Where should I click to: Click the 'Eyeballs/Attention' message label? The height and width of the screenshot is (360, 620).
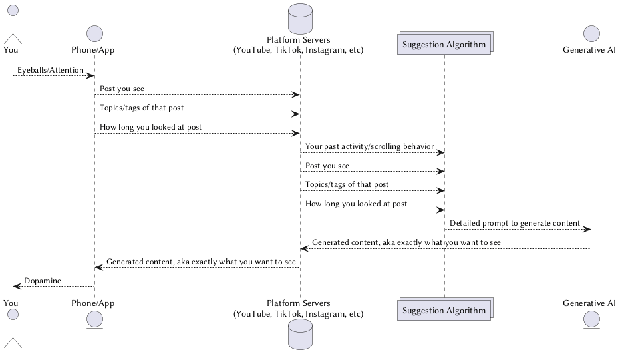pos(51,69)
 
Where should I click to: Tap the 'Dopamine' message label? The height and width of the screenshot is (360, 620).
pos(43,281)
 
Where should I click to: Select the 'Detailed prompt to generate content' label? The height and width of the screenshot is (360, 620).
pos(514,223)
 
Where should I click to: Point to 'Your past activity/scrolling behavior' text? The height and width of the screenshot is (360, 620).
pos(369,146)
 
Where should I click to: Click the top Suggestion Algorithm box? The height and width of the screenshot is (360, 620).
pos(444,44)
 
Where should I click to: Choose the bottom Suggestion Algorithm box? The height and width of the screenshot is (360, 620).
pos(444,310)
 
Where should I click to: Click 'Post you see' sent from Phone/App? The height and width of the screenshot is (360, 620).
pos(122,89)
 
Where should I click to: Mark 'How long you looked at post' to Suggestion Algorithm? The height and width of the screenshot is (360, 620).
pos(357,204)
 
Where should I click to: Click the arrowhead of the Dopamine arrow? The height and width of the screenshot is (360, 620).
pos(17,287)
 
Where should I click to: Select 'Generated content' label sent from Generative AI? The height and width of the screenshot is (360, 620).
pos(406,242)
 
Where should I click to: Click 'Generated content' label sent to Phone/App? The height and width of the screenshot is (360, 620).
pos(201,262)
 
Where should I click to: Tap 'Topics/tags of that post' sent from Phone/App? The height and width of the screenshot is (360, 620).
pos(142,108)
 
